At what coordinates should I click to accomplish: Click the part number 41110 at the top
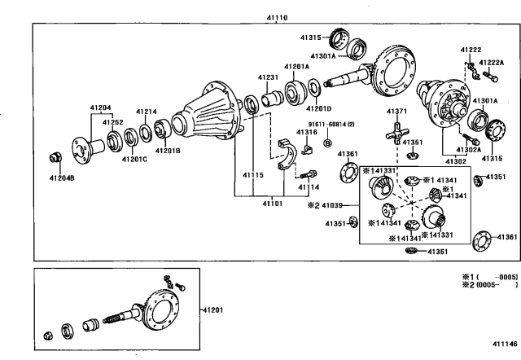(x=277, y=18)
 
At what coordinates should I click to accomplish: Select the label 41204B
(x=62, y=178)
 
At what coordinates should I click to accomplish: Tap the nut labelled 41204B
(x=55, y=157)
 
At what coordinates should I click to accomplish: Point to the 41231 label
(x=268, y=77)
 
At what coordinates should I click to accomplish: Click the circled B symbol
(x=327, y=143)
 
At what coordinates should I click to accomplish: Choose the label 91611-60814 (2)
(x=331, y=125)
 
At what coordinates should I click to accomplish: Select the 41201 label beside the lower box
(x=212, y=310)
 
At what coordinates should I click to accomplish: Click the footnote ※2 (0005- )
(x=490, y=285)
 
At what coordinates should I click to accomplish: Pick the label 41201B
(x=168, y=151)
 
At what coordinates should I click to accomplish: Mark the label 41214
(x=147, y=112)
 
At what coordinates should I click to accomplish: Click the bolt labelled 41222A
(x=490, y=76)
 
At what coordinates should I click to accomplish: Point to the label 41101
(x=273, y=204)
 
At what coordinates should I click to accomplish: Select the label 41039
(x=332, y=205)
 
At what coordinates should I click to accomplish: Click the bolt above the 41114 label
(x=309, y=174)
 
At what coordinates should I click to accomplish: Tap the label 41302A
(x=469, y=150)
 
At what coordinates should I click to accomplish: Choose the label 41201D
(x=318, y=108)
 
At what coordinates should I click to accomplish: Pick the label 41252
(x=112, y=122)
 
